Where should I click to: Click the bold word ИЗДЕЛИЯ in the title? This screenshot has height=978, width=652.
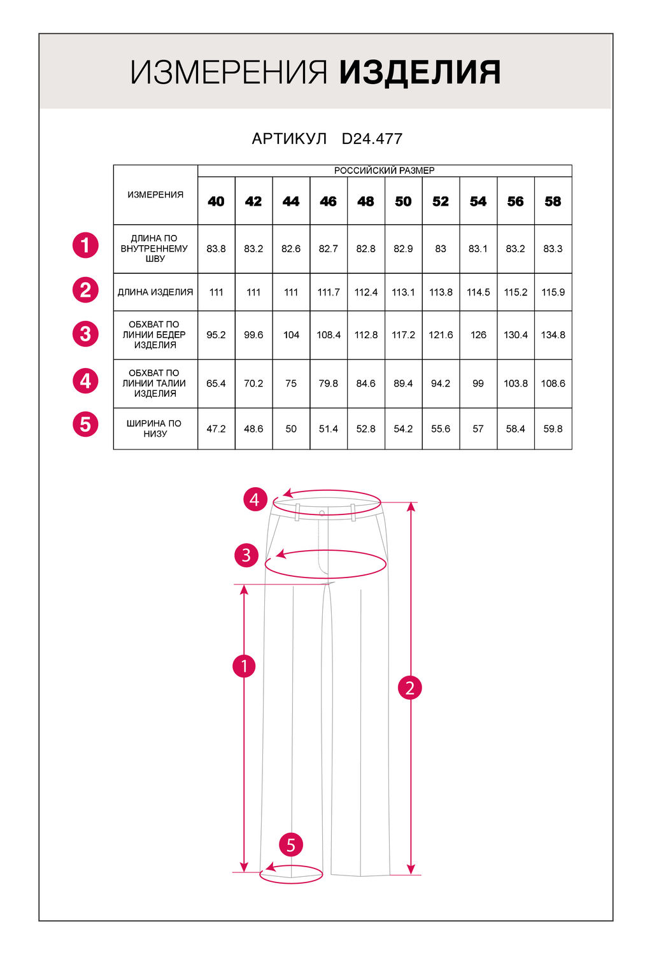420,73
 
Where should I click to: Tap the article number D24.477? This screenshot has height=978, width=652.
372,139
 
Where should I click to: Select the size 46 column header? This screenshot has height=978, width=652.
329,201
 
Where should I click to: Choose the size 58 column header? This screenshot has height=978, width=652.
553,201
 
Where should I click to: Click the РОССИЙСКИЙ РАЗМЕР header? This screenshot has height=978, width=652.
385,171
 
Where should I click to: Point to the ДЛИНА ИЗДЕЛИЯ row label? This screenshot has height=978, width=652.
155,292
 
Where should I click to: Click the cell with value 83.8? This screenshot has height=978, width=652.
216,249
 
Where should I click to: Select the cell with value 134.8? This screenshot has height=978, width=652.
553,335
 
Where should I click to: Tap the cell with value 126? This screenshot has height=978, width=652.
478,335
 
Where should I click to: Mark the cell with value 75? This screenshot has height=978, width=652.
291,383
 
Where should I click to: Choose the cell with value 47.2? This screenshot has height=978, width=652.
216,429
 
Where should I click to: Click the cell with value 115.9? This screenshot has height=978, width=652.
553,292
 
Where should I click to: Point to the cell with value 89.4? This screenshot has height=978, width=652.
403,383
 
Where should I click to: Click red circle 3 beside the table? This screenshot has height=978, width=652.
85,334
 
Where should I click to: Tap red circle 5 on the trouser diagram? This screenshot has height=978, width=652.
291,845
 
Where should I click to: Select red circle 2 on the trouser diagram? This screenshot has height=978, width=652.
409,688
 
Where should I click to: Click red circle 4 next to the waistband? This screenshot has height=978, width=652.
255,500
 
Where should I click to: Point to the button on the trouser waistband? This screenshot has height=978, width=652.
322,513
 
